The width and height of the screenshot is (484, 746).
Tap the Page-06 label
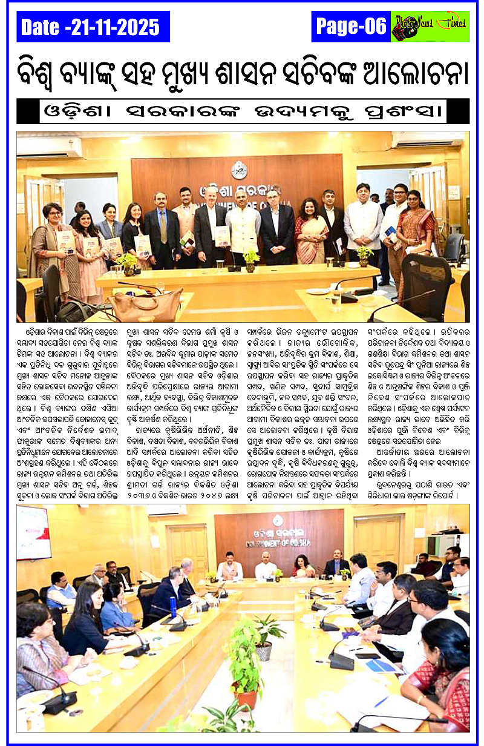350,26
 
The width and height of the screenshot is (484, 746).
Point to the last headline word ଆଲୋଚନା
417,71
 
